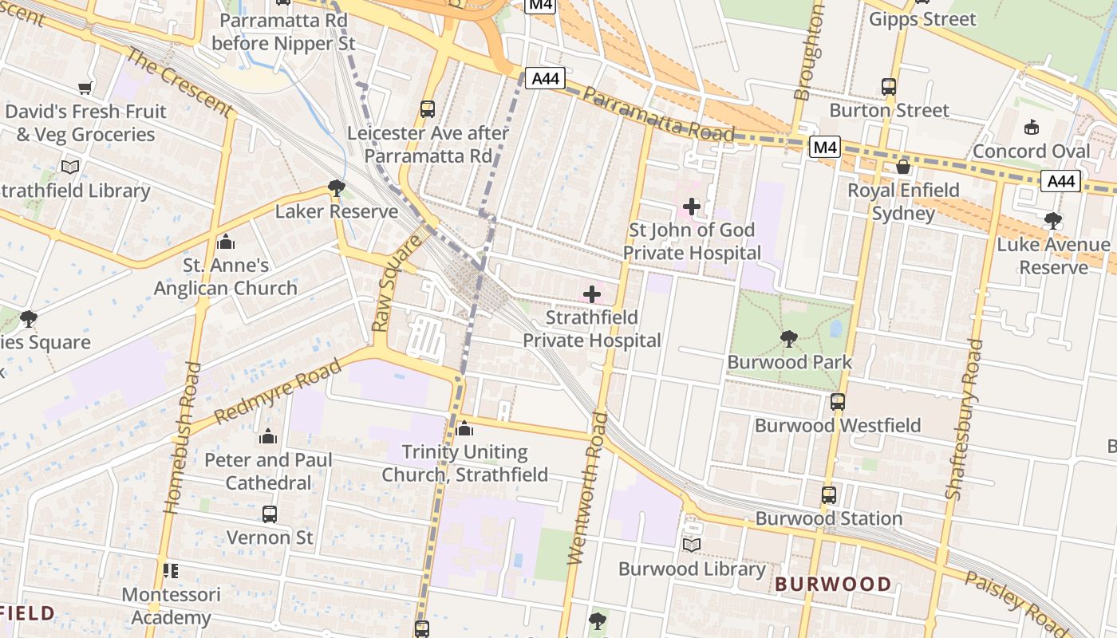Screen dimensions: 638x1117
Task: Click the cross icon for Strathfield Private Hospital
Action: point(592,294)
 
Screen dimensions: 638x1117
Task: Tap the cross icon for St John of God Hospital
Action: point(691,207)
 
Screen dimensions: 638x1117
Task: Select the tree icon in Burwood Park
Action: point(789,339)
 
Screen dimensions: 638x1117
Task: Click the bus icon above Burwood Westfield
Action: point(838,402)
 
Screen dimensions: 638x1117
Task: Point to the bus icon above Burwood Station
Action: point(829,495)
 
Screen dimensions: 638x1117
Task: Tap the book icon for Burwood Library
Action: point(692,545)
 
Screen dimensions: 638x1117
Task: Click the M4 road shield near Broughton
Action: point(824,147)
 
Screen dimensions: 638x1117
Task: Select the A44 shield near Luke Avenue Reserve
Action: point(1060,182)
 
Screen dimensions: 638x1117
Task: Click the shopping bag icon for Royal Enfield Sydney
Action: point(903,167)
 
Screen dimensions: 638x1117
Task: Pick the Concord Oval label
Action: point(1031,151)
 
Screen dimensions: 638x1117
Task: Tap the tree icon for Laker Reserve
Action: point(337,188)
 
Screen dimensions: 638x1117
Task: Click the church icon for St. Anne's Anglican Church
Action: point(226,241)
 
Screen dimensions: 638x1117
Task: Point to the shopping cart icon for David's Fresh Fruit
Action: point(85,88)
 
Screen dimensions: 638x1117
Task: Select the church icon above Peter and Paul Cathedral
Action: point(268,436)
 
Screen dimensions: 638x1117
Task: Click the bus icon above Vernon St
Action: point(270,514)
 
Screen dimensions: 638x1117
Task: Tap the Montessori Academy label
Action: point(171,606)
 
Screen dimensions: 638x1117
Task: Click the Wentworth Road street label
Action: point(586,488)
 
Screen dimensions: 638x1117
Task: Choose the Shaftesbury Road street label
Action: point(963,419)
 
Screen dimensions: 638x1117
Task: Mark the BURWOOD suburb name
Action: point(833,584)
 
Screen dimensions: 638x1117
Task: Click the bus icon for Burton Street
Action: point(889,86)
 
